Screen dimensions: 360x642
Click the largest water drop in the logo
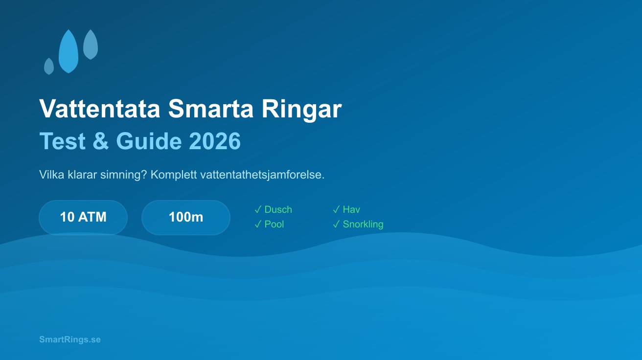click(x=69, y=53)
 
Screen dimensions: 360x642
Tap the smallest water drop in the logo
click(x=49, y=67)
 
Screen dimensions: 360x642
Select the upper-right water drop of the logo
click(x=91, y=45)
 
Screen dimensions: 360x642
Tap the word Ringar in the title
click(x=301, y=109)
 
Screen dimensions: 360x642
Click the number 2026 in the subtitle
click(x=215, y=141)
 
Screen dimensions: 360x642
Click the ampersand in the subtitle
click(x=100, y=141)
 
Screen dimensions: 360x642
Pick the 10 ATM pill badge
click(x=83, y=217)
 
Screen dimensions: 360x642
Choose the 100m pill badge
click(x=186, y=217)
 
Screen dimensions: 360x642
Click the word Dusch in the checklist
click(x=278, y=209)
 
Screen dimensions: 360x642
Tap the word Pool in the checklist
click(x=274, y=224)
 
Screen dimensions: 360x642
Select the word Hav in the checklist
click(x=351, y=209)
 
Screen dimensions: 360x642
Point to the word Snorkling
click(x=363, y=224)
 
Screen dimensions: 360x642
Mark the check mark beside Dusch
click(x=258, y=209)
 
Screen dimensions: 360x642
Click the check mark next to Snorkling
click(x=336, y=224)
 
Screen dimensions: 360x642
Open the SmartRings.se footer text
click(x=70, y=339)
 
